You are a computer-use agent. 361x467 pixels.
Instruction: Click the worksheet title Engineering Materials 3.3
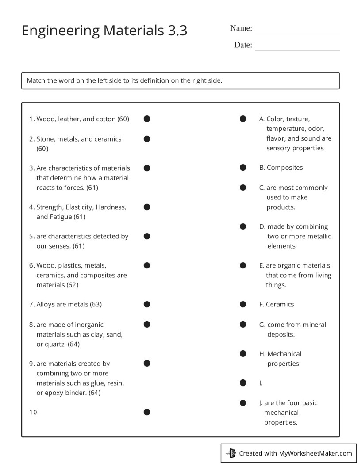tap(104, 31)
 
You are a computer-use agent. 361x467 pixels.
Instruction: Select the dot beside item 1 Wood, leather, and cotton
tap(147, 119)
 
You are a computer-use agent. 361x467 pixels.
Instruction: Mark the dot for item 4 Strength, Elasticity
tap(147, 207)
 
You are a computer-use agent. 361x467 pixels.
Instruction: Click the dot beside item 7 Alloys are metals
tap(147, 304)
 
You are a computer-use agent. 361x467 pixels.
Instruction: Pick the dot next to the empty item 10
tap(147, 412)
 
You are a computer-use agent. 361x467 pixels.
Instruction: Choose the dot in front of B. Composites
tap(243, 168)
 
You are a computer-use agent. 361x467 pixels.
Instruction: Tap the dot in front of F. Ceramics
tap(243, 304)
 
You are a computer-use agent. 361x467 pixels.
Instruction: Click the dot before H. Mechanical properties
tap(243, 354)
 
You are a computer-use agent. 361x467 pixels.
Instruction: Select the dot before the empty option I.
tap(243, 383)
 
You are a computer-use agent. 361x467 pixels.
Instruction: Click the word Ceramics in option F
tap(280, 305)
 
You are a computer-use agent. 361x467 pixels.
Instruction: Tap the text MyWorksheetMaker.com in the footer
tap(315, 453)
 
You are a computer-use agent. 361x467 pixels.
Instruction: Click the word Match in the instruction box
tap(36, 81)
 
